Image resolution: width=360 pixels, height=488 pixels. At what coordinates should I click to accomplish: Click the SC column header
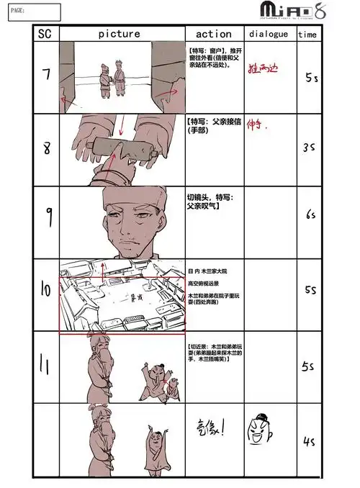[x=45, y=34]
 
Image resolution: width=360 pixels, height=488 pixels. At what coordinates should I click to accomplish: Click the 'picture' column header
[x=120, y=34]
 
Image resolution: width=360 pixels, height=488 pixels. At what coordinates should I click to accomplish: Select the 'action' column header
[x=214, y=34]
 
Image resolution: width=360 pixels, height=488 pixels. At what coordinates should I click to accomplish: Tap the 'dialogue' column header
[x=269, y=34]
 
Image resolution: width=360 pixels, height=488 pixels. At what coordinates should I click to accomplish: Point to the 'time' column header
[x=307, y=35]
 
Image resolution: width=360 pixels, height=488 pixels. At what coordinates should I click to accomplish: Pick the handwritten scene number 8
[x=45, y=149]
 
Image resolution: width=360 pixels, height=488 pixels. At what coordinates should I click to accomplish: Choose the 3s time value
[x=309, y=147]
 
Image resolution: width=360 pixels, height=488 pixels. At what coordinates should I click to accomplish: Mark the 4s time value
[x=310, y=441]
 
